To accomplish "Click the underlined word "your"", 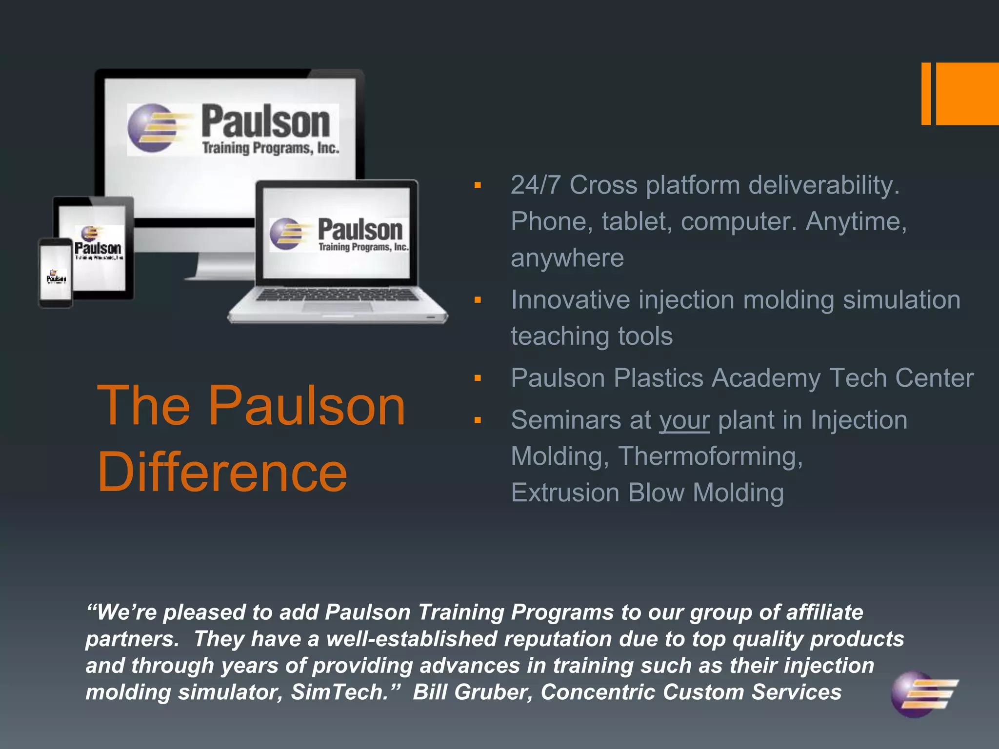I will tap(684, 420).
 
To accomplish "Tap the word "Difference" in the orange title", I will tap(222, 472).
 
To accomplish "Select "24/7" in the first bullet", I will tap(535, 185).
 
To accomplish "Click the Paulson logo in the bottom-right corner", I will tap(923, 694).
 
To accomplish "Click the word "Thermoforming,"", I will tap(710, 456).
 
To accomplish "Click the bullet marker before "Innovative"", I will tap(478, 300).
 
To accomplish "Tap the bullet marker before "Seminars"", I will tap(478, 420).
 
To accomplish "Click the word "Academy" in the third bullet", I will tap(766, 378).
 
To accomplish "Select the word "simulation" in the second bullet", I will tap(901, 300).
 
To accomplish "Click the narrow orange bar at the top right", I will tap(926, 94).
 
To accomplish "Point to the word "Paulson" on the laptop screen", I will tap(360, 230).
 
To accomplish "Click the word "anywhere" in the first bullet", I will tap(567, 258).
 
